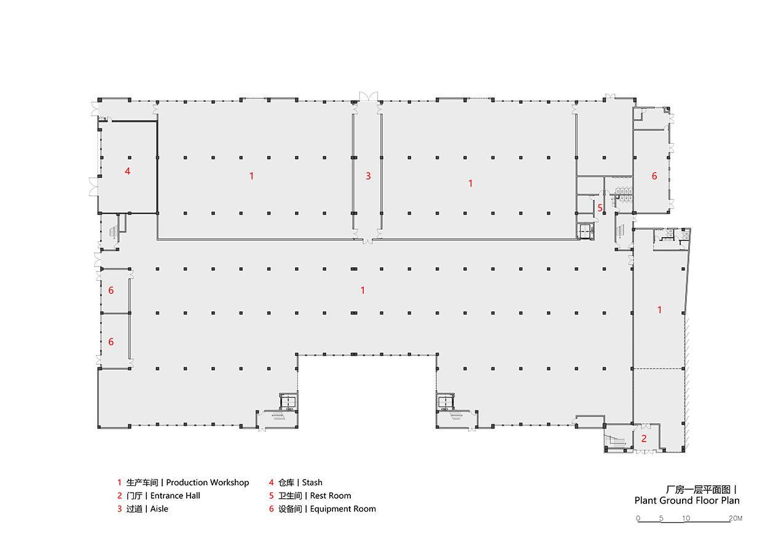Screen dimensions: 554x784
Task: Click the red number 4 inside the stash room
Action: point(127,171)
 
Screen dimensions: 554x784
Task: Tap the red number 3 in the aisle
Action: point(368,176)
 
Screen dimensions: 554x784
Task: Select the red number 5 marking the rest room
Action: point(600,208)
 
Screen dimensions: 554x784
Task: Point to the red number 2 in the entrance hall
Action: point(644,439)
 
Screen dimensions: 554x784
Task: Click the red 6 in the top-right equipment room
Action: point(654,176)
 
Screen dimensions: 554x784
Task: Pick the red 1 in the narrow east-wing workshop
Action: point(660,310)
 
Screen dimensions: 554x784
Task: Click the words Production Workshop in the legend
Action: point(207,483)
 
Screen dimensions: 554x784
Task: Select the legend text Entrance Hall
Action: point(175,496)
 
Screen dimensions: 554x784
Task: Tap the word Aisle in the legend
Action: point(159,509)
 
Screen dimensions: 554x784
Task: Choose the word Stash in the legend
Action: point(312,483)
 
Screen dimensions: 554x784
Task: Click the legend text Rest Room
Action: point(331,496)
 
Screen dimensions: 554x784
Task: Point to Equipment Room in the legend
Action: point(343,509)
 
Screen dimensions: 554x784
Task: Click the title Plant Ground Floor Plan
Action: point(686,501)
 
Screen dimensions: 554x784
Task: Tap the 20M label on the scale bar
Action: point(735,518)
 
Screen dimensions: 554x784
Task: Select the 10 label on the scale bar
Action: point(686,518)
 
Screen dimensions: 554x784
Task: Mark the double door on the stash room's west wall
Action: point(93,186)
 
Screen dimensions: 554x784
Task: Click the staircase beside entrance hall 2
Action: point(615,441)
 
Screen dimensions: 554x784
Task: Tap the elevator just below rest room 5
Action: point(584,230)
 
